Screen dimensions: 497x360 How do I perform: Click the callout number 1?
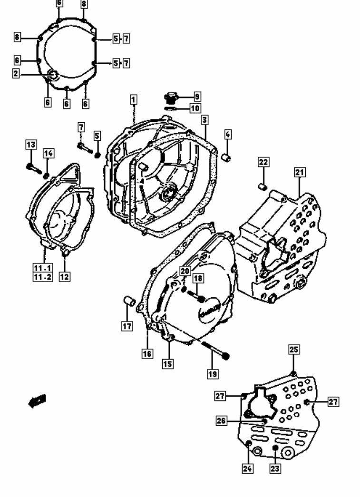click(x=134, y=99)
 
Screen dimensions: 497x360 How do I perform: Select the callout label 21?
click(x=299, y=173)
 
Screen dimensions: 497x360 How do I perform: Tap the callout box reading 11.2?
click(x=42, y=277)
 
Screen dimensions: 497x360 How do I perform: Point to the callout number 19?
click(x=213, y=374)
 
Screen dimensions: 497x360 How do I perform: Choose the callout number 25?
click(x=293, y=350)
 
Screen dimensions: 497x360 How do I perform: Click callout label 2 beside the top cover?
click(x=16, y=73)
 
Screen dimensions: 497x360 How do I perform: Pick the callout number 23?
click(x=275, y=468)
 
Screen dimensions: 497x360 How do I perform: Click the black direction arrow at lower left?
click(x=37, y=401)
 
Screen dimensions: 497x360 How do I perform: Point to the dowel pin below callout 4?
click(x=227, y=158)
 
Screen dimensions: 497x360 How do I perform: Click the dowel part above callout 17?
click(x=127, y=301)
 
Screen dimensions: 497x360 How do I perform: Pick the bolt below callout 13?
click(x=33, y=167)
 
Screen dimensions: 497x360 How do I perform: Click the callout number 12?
click(x=65, y=276)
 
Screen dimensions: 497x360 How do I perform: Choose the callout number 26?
click(x=221, y=421)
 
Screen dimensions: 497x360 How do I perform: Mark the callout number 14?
click(x=49, y=153)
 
